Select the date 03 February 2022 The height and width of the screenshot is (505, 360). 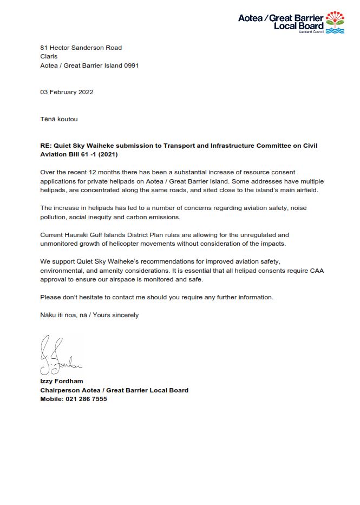tap(67, 92)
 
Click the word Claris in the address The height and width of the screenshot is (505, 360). tap(49, 56)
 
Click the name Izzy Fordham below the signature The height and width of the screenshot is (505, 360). tap(62, 382)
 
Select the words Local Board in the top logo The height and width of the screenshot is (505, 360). tap(299, 26)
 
